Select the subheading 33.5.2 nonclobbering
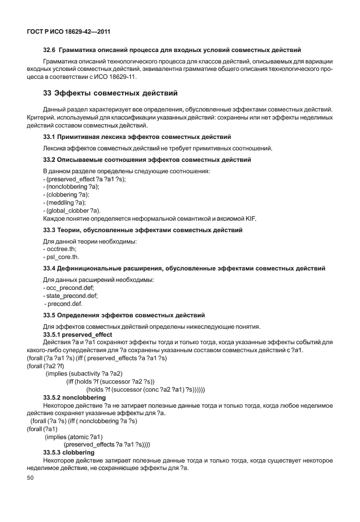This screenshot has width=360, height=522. pyautogui.click(x=77, y=397)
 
